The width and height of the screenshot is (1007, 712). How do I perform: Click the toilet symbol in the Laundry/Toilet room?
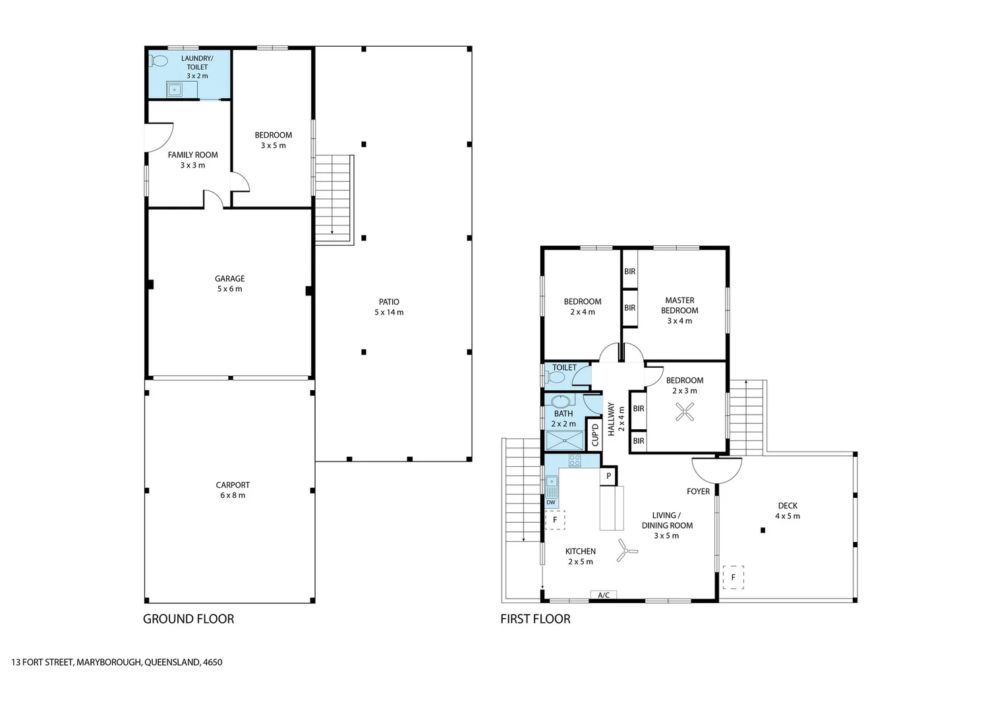pos(159,61)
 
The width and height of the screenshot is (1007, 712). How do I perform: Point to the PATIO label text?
pos(389,302)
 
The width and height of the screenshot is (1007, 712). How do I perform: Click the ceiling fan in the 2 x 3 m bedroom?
pos(685,413)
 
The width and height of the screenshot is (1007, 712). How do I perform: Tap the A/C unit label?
pos(603,595)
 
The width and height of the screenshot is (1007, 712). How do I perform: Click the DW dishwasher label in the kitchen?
pos(551,502)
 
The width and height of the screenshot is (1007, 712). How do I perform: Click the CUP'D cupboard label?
pos(594,435)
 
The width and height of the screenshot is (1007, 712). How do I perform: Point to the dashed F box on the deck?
pos(733,577)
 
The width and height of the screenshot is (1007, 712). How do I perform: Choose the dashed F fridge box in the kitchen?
pos(555,519)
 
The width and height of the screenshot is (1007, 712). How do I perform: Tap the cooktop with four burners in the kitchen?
pos(574,461)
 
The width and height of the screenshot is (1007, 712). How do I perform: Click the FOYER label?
pos(698,491)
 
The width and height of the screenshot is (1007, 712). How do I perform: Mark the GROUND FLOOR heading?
pos(188,619)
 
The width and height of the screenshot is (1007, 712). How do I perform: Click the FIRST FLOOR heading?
pos(535,619)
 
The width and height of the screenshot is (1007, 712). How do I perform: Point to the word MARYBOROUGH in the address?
pos(108,663)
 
